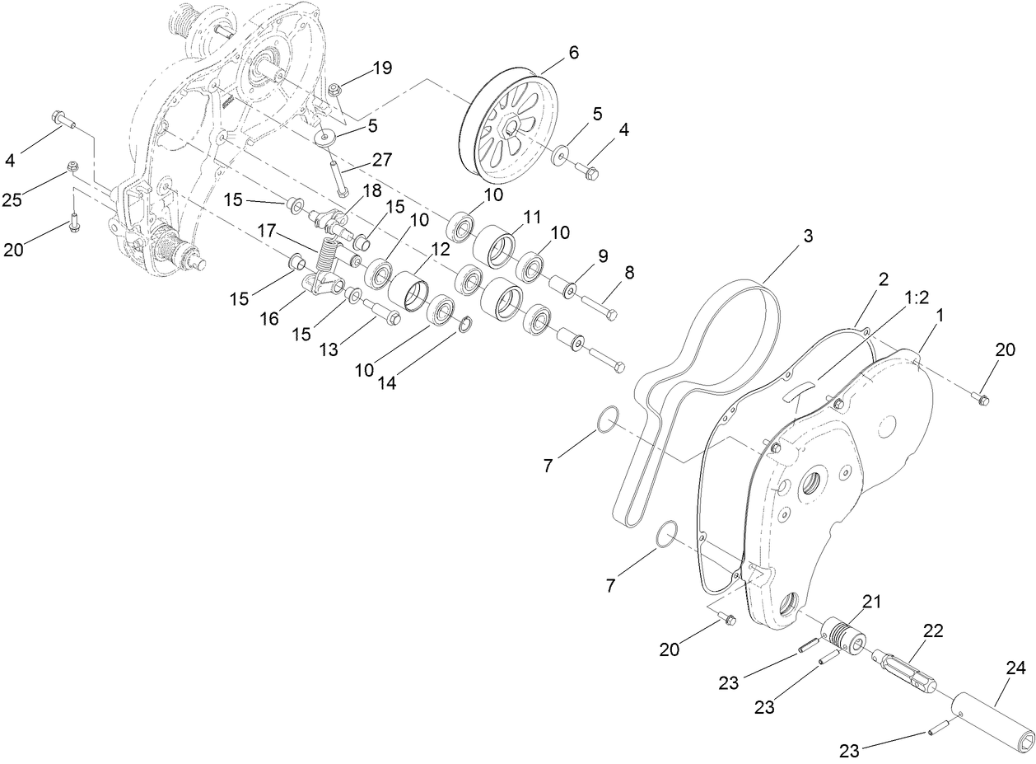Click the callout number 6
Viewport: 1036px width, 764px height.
coord(573,53)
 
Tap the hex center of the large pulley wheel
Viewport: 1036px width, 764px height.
coord(511,129)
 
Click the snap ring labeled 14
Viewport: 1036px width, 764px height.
coord(464,327)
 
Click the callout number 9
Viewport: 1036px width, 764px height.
coord(603,257)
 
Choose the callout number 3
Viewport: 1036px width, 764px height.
coord(807,236)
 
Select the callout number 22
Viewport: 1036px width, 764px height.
coord(932,630)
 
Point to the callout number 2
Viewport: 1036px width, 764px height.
coord(882,279)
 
